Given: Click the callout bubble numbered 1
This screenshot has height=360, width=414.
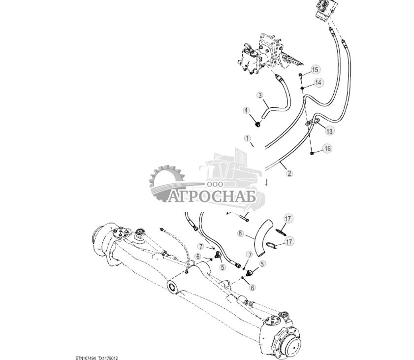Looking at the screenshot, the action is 248,138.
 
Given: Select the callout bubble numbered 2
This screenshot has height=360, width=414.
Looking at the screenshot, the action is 289,173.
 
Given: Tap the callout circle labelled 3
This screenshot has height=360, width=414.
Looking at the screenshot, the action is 260,95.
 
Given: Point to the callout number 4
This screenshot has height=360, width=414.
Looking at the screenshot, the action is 246,110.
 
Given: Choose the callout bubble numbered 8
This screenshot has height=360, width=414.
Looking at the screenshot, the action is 240,233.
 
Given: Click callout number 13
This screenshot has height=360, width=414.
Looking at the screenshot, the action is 329,131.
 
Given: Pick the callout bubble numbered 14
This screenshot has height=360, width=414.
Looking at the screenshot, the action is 318,83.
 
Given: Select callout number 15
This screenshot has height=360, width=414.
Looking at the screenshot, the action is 315,70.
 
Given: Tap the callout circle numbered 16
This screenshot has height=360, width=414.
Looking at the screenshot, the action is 327,148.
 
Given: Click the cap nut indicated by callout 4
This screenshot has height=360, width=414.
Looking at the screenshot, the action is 257,124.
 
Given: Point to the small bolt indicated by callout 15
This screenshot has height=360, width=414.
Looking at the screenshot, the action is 301,75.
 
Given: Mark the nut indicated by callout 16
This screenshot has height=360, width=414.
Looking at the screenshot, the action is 312,153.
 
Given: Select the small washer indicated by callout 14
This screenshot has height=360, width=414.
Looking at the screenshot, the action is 302,88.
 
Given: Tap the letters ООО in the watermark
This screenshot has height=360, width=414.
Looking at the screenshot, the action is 215,184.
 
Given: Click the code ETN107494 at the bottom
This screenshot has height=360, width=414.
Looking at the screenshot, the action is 86,358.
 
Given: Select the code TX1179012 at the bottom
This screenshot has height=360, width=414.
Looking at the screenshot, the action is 108,358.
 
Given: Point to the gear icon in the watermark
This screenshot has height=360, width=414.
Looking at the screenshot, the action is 166,183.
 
